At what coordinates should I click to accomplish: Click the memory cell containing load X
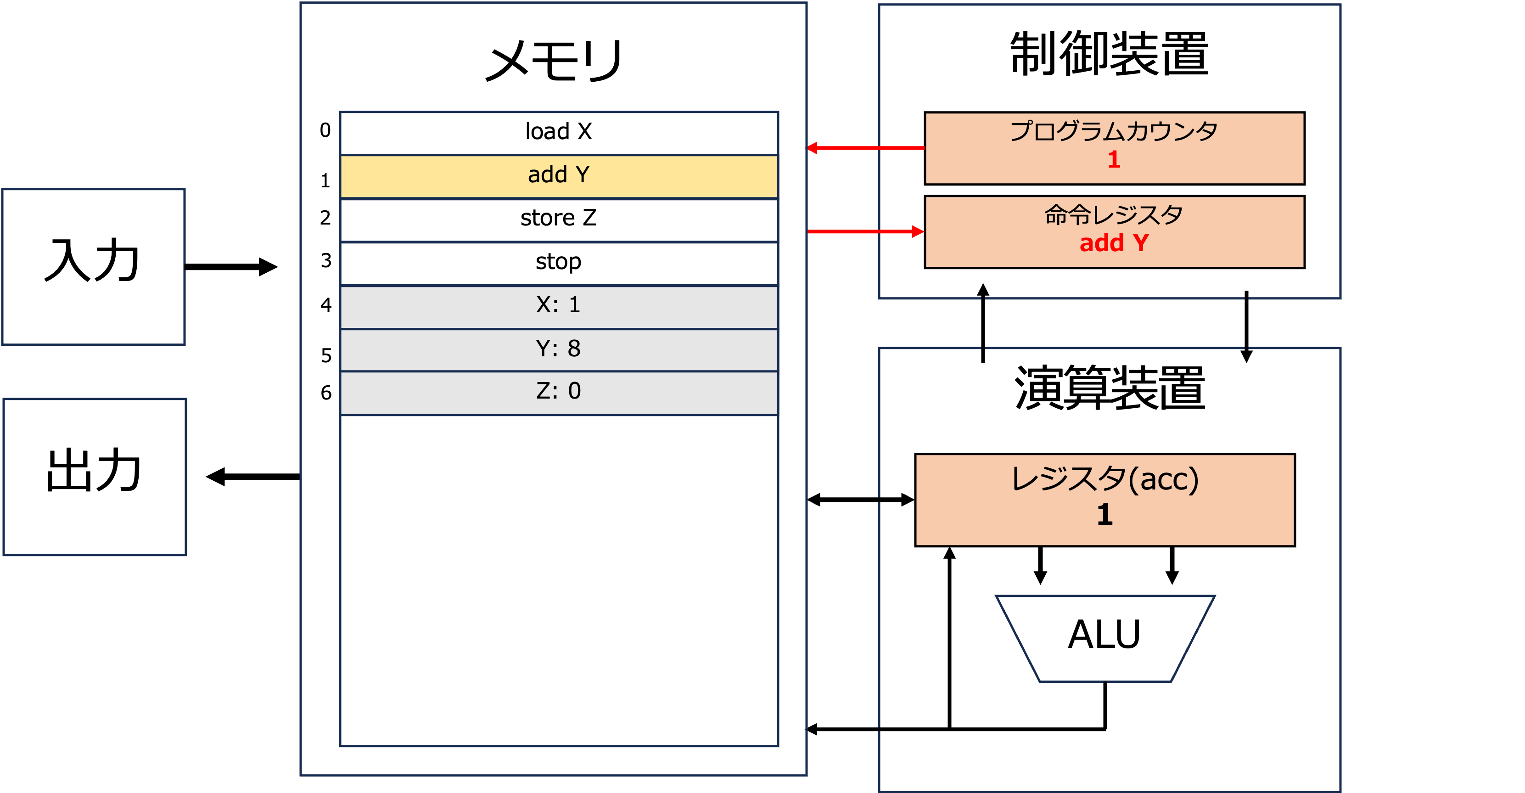coord(559,133)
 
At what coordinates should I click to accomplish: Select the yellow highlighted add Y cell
coord(559,176)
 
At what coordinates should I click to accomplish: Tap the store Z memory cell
coord(559,220)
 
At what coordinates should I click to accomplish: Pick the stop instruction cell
coord(559,263)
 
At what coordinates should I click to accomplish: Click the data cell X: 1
coord(559,307)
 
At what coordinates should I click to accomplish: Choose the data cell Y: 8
coord(559,350)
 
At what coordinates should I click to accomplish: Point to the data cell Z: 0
coord(559,393)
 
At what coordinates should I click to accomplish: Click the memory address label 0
coord(325,130)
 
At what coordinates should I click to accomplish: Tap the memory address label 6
coord(326,393)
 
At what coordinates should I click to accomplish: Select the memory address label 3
coord(326,260)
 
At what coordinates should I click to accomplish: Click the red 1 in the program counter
coord(1114,159)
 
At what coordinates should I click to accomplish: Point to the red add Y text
coord(1114,243)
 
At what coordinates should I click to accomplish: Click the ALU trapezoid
coord(1105,638)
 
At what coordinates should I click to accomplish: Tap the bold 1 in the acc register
coord(1104,514)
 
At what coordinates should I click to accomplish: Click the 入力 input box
coord(94,266)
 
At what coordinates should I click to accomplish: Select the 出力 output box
coord(95,477)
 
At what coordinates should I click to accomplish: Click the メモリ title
coord(554,61)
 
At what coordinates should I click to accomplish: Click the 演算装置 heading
coord(1110,388)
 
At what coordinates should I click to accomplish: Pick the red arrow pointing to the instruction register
coord(865,231)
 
